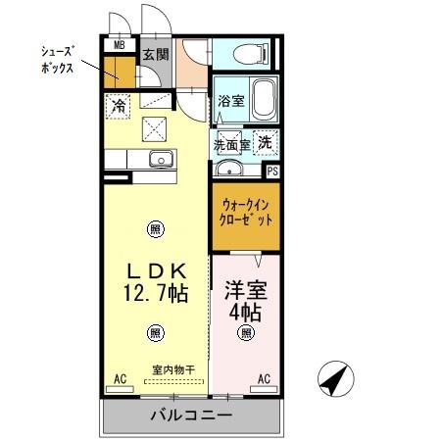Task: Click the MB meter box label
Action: (120, 45)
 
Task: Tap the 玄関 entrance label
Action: (156, 54)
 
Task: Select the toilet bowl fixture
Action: (251, 53)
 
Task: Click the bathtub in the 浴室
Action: (264, 99)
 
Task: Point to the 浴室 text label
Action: (231, 100)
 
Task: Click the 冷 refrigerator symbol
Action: (118, 106)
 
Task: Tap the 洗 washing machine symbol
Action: (266, 142)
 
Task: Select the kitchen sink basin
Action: (161, 159)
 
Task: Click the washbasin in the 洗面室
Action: (229, 170)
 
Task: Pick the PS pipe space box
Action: (272, 171)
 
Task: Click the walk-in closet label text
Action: (246, 213)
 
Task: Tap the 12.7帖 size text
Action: (156, 293)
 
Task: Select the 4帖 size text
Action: (245, 313)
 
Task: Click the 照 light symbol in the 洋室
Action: (246, 333)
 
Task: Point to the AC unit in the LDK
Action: (120, 389)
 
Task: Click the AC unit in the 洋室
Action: (264, 389)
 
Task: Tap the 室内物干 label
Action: (173, 369)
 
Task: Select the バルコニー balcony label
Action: (191, 416)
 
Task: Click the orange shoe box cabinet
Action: (120, 73)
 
